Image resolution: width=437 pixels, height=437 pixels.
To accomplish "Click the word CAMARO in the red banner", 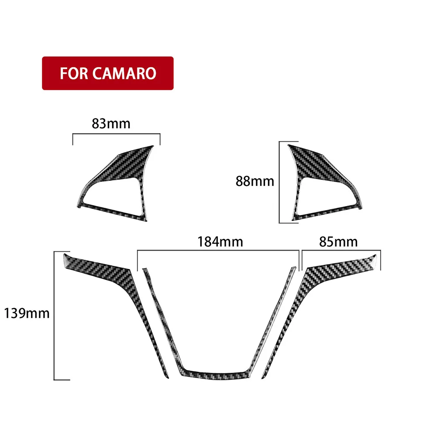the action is point(124,73).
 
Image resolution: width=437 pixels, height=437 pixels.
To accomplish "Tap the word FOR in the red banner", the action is point(75,73).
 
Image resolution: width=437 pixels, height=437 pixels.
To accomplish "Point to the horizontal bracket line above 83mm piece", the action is point(116,135).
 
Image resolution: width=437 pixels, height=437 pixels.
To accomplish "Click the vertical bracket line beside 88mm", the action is point(280,182).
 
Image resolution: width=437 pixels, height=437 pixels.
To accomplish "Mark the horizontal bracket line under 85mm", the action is point(341,251).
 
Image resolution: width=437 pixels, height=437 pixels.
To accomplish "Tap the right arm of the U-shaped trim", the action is point(274,319).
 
